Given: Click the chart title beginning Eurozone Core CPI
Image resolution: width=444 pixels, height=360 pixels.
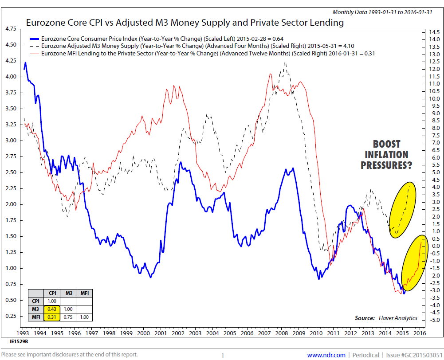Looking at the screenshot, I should click(x=185, y=22).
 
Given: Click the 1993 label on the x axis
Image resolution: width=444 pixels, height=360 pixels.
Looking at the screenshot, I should click(x=24, y=333).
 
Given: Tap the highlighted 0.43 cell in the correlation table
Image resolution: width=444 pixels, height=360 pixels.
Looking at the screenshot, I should click(x=52, y=309).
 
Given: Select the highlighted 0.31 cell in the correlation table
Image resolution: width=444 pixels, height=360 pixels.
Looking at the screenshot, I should click(x=52, y=317).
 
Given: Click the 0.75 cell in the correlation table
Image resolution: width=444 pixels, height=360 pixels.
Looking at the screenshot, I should click(x=69, y=317).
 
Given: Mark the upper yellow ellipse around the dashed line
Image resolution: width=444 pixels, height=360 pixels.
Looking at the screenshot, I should click(x=402, y=209).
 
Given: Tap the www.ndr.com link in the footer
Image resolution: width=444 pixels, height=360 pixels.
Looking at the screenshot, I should click(x=326, y=355).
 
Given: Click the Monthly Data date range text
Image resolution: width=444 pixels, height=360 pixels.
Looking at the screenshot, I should click(x=385, y=12).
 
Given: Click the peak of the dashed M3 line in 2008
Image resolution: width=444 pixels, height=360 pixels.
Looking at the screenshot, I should click(x=284, y=63).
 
